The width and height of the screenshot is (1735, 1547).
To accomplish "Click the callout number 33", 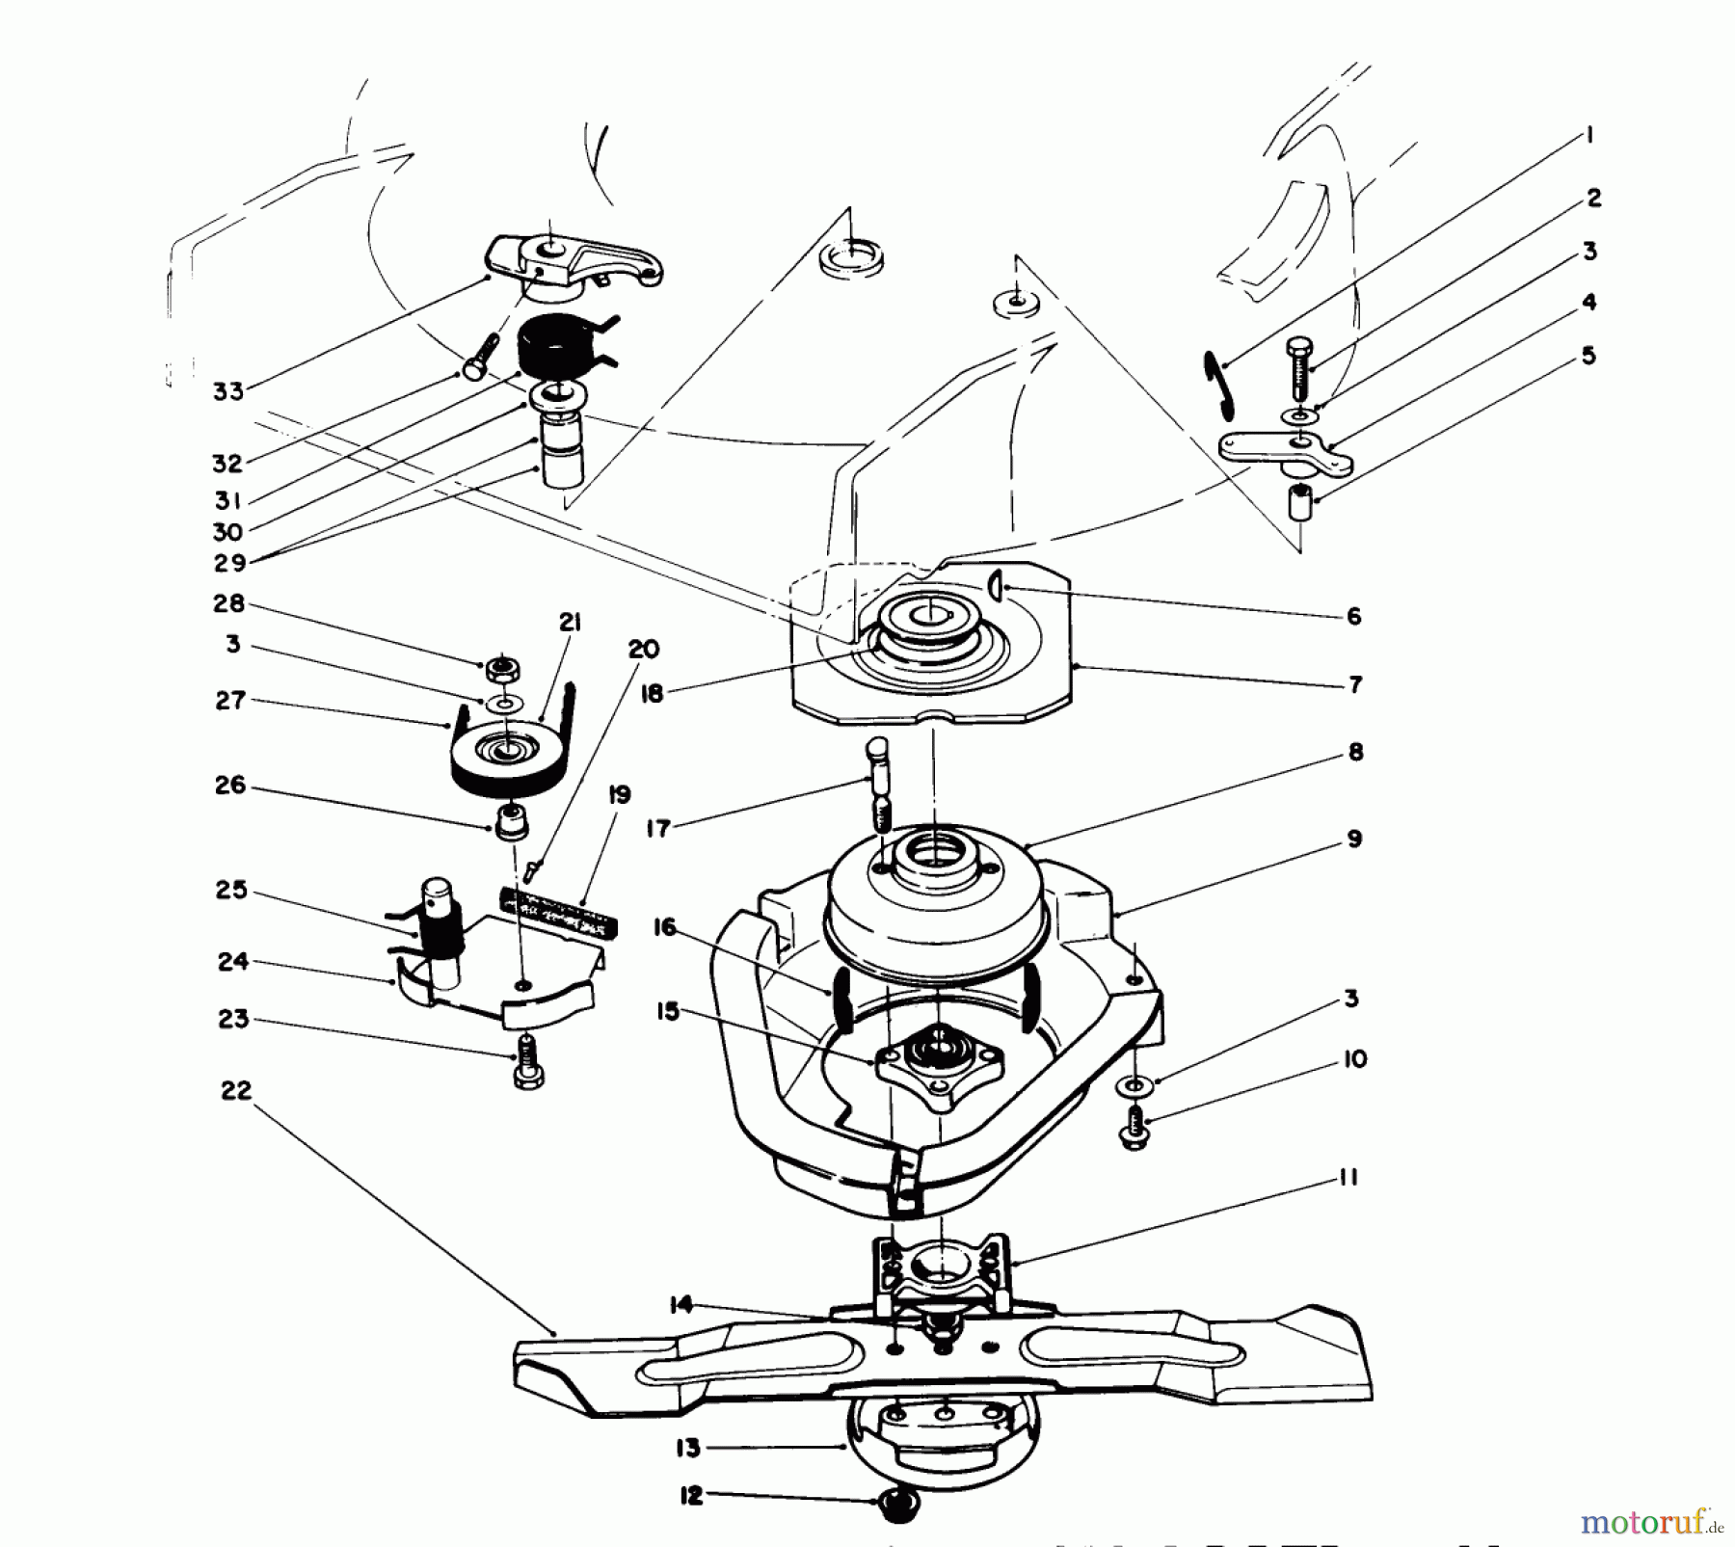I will [x=228, y=391].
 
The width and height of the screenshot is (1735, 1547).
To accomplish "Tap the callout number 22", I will [x=236, y=1090].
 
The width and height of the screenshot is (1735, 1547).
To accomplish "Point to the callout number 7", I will [x=1355, y=684].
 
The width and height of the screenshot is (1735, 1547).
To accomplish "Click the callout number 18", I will [x=653, y=693].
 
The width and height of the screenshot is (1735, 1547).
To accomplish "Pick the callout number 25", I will [x=231, y=889].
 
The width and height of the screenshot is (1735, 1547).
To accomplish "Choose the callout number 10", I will [x=1354, y=1059].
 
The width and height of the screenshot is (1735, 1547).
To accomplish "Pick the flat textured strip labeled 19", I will [x=559, y=912].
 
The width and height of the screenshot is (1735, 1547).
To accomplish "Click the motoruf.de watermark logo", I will [x=1651, y=1522].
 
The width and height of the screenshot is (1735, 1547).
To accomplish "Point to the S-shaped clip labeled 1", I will [x=1220, y=386].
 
